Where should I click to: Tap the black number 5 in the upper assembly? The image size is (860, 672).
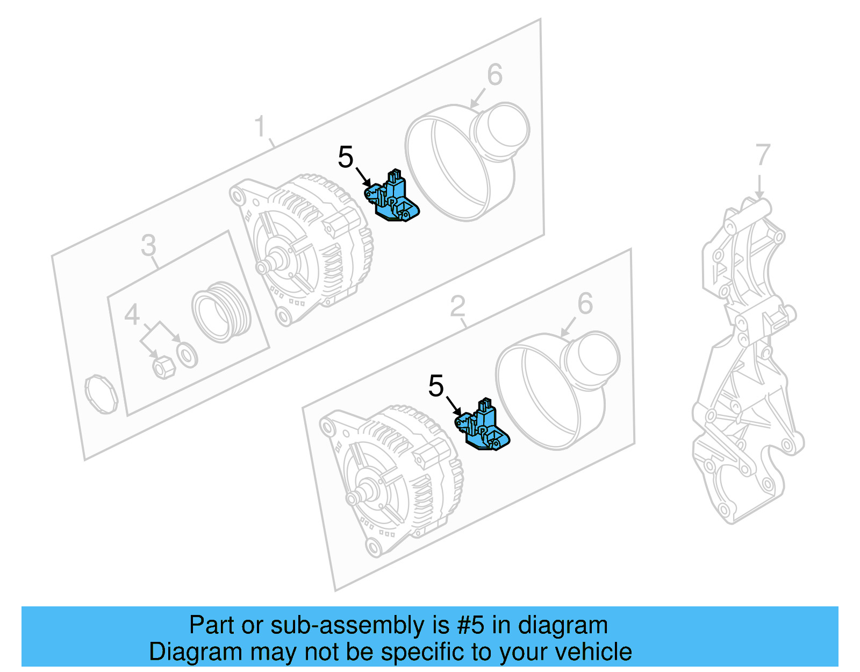click(346, 158)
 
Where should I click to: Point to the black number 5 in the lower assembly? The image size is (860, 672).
click(436, 386)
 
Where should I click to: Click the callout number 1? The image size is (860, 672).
click(260, 127)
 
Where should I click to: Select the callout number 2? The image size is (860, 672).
click(457, 307)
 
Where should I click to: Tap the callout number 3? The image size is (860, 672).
click(148, 245)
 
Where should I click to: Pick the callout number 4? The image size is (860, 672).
click(132, 315)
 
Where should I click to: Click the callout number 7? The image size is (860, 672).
click(763, 155)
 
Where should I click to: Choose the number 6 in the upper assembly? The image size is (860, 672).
click(494, 75)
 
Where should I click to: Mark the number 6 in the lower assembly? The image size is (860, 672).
click(585, 304)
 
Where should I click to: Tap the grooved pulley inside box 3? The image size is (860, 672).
click(221, 312)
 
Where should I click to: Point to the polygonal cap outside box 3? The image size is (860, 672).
click(101, 394)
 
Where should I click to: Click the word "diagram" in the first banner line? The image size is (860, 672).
click(563, 625)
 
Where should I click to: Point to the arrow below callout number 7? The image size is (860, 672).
click(759, 186)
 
